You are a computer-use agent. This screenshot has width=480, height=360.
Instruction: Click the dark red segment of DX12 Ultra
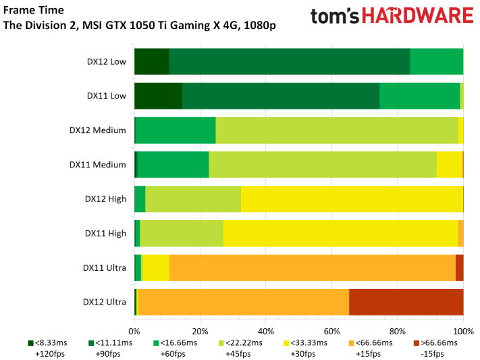406,302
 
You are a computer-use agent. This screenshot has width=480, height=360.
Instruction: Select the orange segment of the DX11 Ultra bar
313,267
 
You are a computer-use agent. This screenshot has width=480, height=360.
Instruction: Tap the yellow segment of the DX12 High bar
352,199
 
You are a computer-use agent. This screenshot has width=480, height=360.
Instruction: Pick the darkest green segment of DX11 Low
158,96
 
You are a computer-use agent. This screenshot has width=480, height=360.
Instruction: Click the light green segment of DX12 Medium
337,130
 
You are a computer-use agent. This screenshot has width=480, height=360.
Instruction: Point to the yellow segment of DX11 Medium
450,165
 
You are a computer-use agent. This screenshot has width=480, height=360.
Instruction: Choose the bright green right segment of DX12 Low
437,61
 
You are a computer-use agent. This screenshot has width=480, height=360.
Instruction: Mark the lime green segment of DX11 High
182,234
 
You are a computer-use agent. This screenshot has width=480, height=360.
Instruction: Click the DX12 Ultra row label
105,302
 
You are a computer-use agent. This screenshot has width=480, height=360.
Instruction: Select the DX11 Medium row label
98,165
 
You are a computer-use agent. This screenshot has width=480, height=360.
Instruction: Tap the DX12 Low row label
107,61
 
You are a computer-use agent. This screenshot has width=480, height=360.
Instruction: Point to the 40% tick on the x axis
266,320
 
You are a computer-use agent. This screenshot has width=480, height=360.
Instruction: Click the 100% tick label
464,331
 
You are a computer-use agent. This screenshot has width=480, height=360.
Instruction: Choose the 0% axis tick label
134,331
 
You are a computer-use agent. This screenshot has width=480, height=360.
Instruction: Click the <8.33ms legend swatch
30,343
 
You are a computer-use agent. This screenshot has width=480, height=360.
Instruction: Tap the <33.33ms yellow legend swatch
286,343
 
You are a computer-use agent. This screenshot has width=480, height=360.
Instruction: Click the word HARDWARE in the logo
418,16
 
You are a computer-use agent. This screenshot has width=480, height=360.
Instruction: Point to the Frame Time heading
34,10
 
